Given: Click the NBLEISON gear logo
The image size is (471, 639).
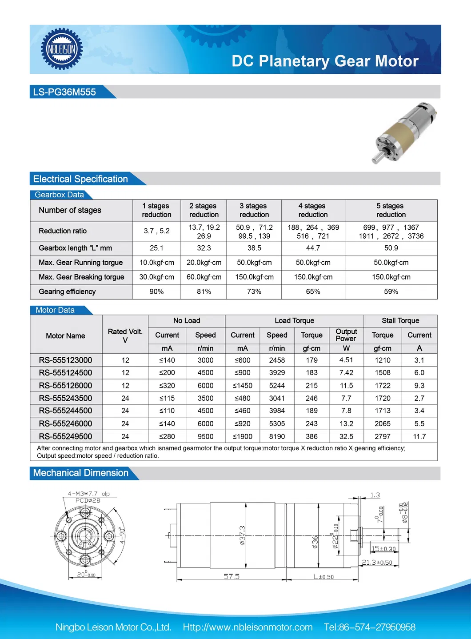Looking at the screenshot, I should coord(62,49).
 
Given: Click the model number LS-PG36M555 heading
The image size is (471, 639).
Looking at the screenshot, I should coord(64,92).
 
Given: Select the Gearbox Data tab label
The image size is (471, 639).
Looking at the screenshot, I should coord(59,195).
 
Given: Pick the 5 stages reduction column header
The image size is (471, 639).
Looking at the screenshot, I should coord(391,210).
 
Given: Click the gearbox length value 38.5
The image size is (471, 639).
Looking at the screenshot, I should coord(254,248).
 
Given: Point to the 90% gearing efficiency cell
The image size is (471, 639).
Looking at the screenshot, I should coord(156,292).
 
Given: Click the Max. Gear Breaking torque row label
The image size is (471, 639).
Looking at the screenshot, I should coord(81,277).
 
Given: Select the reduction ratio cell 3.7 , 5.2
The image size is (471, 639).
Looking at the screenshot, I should coord(156,231).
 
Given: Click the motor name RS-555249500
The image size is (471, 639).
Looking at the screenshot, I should coord(65,436).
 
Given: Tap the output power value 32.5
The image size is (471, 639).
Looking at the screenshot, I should coord(346,436).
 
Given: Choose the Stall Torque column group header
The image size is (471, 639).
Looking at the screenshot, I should coord(400,320).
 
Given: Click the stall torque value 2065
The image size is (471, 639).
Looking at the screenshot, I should coord(382,423).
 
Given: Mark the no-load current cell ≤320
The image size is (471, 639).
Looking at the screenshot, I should coord(167,385).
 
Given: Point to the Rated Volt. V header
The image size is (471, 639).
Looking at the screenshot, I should coord(125,335).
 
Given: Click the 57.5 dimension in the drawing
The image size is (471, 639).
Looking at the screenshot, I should coord(232,576).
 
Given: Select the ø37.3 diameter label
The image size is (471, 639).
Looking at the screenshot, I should coord(243,535).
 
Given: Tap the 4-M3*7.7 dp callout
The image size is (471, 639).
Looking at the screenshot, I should coord(88,494).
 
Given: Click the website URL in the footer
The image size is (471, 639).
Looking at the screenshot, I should coord(247,627).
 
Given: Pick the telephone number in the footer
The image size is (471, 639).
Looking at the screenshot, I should coord(370,627).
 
